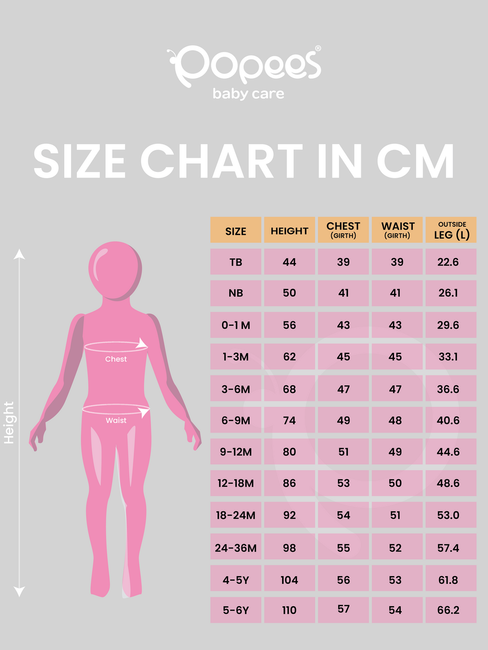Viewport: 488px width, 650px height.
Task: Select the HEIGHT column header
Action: tap(289, 231)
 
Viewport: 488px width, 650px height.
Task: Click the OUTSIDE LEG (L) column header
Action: tap(451, 230)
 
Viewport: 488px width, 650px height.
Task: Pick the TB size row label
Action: tap(236, 262)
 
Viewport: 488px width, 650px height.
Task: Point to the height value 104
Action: tap(289, 580)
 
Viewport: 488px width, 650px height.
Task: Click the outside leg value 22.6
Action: tap(448, 262)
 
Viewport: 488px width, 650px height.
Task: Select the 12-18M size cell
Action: tap(236, 483)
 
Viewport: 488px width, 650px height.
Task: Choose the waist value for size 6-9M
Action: tap(395, 420)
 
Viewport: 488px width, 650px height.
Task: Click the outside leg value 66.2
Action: tap(448, 610)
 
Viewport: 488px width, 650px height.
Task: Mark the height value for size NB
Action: tap(289, 293)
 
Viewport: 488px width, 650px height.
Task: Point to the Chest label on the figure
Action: tap(116, 359)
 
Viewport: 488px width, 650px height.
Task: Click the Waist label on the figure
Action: tap(116, 420)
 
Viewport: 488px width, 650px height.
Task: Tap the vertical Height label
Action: tap(9, 422)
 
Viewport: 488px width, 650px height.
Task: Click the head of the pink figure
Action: tap(115, 270)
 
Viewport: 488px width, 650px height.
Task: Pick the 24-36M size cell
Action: tap(236, 548)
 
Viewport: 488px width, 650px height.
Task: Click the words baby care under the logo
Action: tap(248, 94)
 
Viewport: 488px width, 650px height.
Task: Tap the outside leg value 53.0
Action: tap(448, 515)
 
